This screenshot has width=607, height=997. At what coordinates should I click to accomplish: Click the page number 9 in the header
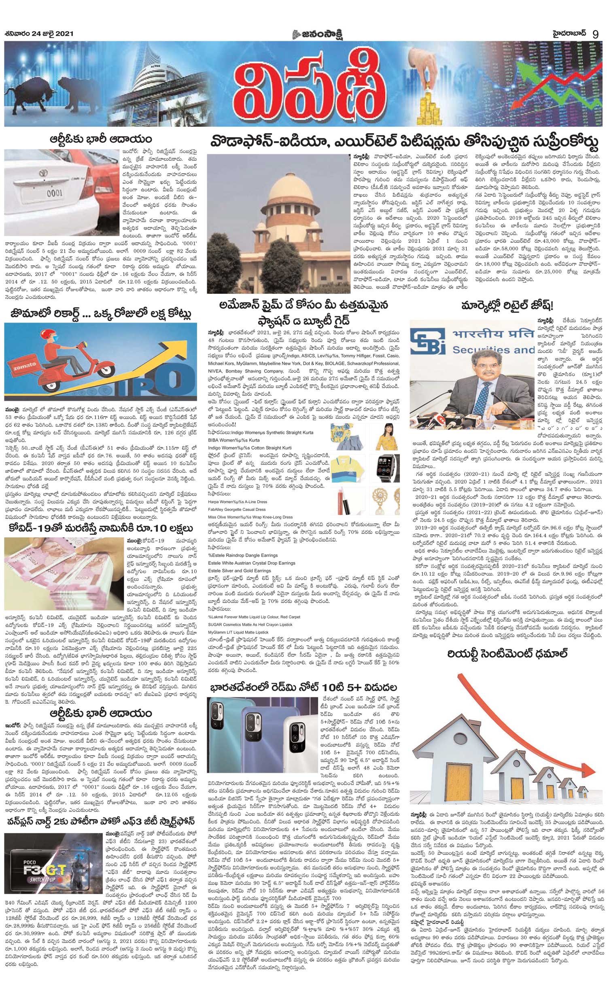(595, 34)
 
